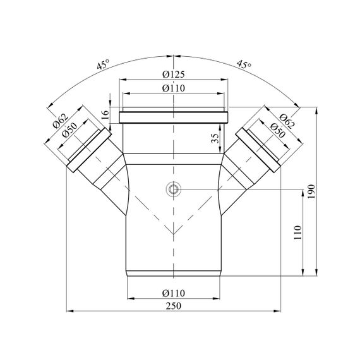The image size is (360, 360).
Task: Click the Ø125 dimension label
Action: click(x=173, y=74)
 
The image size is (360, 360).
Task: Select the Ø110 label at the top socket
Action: click(x=173, y=88)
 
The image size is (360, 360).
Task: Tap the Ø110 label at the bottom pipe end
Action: click(x=173, y=293)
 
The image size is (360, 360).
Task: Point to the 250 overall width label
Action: click(x=174, y=306)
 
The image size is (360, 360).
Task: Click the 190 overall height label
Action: click(x=311, y=192)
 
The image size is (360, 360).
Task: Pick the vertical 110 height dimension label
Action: click(x=297, y=232)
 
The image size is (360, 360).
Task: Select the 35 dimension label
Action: click(x=215, y=138)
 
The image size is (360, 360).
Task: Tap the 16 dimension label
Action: click(x=105, y=114)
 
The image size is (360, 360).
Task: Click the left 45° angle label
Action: click(x=103, y=64)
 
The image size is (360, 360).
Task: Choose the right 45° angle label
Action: click(x=244, y=64)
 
